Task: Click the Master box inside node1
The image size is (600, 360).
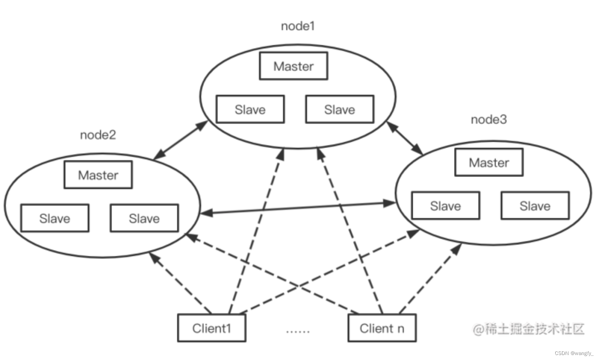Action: (293, 66)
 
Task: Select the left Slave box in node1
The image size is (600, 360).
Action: (250, 110)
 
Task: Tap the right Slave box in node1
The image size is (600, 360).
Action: (339, 110)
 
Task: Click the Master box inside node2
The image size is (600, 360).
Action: (98, 175)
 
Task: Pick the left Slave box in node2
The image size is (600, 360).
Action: (55, 218)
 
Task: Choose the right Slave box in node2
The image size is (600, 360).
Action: (144, 218)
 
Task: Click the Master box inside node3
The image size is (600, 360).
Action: (489, 163)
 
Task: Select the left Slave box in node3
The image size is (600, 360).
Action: (446, 206)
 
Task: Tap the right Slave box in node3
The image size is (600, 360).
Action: (535, 206)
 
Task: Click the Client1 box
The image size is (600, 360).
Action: (211, 328)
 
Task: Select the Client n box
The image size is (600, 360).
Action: (382, 328)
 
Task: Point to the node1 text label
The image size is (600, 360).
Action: (298, 26)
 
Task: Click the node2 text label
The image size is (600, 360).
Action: (98, 135)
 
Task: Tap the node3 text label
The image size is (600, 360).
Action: (489, 120)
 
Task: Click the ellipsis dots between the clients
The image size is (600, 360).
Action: (298, 331)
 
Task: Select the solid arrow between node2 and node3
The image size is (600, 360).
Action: (298, 208)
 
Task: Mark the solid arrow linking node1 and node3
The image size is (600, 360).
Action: (405, 138)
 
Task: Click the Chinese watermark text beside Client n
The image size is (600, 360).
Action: (528, 329)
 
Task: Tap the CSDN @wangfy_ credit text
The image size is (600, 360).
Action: (574, 353)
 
